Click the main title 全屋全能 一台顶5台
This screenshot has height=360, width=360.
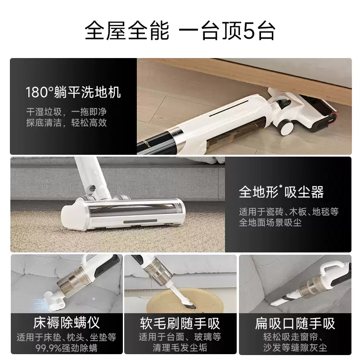pos(180,32)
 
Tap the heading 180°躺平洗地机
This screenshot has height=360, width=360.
pos(73,93)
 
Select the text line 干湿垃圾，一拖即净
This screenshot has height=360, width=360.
pos(66,111)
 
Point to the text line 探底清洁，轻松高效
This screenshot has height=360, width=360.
pos(66,123)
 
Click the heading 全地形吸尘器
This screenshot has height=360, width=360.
pos(281,193)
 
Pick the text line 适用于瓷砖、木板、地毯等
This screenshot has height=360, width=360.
pos(288,211)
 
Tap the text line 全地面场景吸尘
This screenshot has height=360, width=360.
pos(270,223)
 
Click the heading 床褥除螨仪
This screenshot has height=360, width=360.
pos(66,323)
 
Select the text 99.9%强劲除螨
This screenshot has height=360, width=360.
pos(66,348)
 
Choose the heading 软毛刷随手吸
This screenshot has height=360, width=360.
pos(180,323)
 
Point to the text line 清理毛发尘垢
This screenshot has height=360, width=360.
pos(180,348)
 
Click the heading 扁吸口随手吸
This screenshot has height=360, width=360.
pos(295,323)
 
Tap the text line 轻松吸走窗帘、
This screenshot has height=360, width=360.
pos(295,336)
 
